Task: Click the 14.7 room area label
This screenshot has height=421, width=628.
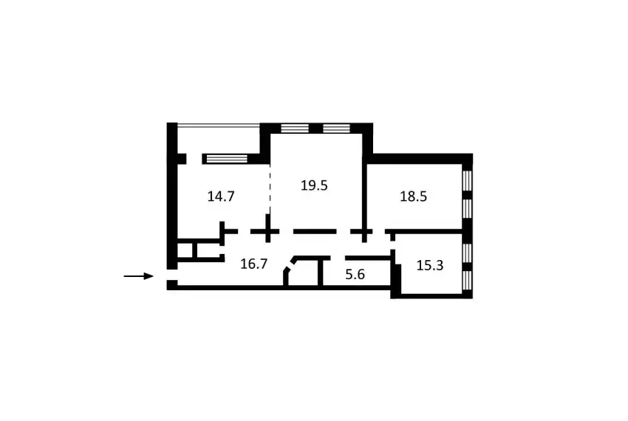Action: coord(221,196)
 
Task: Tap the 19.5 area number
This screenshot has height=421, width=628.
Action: coord(314,185)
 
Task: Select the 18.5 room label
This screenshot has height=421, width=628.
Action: coord(413,196)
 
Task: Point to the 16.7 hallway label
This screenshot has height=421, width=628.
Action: coord(253,264)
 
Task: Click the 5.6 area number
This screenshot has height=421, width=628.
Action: coord(355,275)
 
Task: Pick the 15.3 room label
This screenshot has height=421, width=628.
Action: coord(430,265)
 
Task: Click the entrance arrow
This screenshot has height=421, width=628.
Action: coord(139,276)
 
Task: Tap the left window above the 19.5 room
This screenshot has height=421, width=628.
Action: coord(295,129)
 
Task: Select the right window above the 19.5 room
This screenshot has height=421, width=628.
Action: coord(336,129)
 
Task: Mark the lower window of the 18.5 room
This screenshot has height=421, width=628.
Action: coord(468,209)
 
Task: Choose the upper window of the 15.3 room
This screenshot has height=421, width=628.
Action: coord(468,253)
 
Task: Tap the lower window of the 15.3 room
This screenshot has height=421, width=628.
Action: coord(468,281)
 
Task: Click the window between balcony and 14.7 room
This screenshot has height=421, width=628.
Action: coord(226,159)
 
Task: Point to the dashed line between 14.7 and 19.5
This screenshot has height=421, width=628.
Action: coord(270,189)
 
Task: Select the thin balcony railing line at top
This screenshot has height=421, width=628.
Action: coord(219,125)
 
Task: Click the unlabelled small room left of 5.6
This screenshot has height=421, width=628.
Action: coord(304,273)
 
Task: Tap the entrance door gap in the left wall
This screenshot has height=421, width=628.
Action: coord(172,275)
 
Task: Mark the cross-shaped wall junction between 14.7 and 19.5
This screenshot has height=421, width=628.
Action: coord(268,231)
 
